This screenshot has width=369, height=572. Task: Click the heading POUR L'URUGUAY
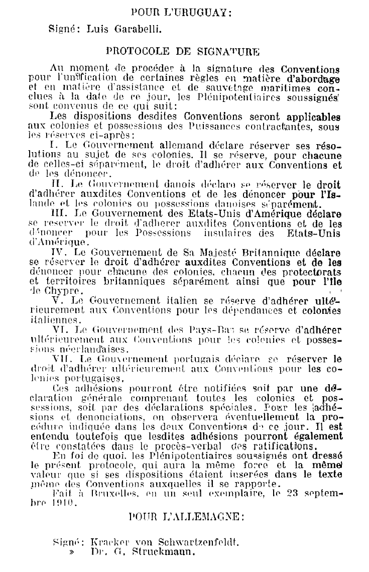[181, 12]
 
